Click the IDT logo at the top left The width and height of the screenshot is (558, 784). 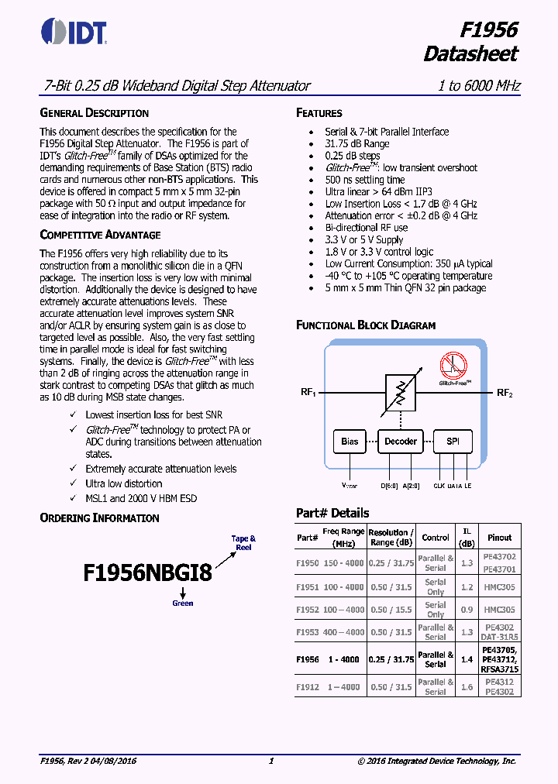tap(73, 30)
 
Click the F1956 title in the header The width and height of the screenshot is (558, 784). tap(488, 29)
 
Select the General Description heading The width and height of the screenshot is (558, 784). tap(94, 112)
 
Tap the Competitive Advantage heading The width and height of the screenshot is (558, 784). tap(100, 235)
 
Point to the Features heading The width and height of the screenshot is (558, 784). tap(319, 113)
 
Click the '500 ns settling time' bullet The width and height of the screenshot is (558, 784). tap(364, 180)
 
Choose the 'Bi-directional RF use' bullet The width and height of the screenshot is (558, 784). tap(366, 228)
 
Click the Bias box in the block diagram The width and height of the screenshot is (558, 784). tap(350, 442)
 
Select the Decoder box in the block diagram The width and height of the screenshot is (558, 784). tap(400, 442)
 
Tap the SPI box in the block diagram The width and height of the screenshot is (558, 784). tap(452, 442)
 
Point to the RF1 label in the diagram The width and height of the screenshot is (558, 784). tap(308, 393)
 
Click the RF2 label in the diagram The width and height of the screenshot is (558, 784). tap(505, 393)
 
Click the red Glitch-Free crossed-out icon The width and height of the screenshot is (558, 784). tap(454, 366)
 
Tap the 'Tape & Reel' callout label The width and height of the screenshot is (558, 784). tap(243, 542)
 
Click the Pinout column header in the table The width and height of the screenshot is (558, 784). tap(499, 537)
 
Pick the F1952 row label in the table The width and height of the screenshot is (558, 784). tap(307, 610)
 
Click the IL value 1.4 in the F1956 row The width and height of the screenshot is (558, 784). tap(467, 659)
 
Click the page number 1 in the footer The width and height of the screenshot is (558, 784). tap(270, 762)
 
